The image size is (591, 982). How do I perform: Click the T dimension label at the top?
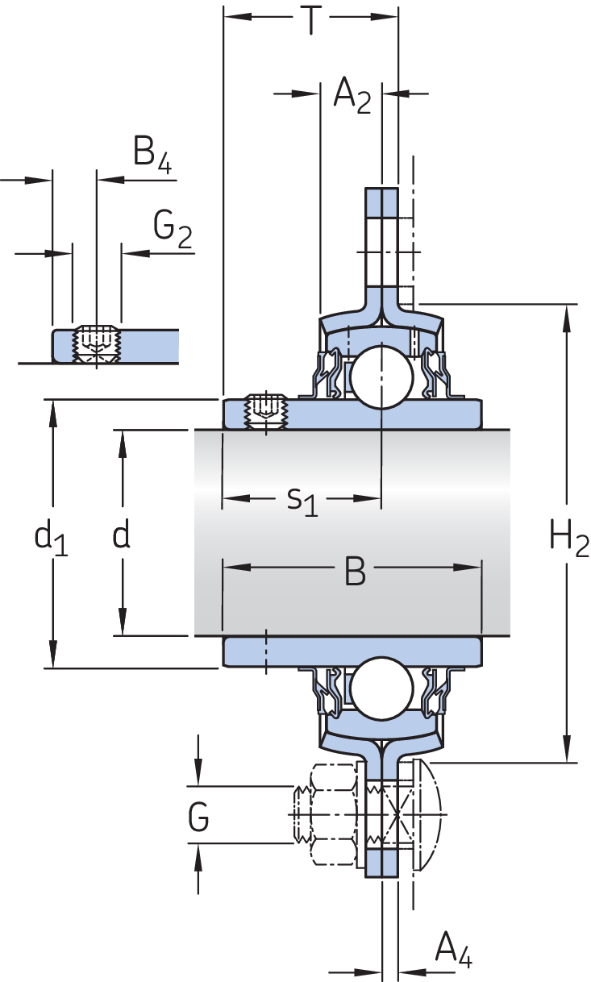pyautogui.click(x=311, y=19)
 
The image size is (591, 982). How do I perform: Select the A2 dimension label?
pyautogui.click(x=352, y=96)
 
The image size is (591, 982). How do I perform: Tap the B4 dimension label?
pyautogui.click(x=152, y=155)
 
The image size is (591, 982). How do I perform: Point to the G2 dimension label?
pyautogui.click(x=173, y=229)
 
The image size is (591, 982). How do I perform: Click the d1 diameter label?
pyautogui.click(x=51, y=538)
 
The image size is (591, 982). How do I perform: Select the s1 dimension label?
pyautogui.click(x=302, y=501)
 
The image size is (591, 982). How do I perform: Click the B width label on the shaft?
pyautogui.click(x=355, y=571)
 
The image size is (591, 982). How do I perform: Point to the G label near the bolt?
pyautogui.click(x=198, y=818)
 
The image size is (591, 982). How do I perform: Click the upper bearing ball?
pyautogui.click(x=381, y=377)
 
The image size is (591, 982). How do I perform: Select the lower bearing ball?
pyautogui.click(x=381, y=689)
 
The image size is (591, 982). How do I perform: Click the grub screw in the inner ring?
pyautogui.click(x=266, y=411)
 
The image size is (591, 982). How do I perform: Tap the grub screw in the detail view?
pyautogui.click(x=97, y=344)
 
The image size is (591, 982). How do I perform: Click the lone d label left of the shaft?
pyautogui.click(x=122, y=534)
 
